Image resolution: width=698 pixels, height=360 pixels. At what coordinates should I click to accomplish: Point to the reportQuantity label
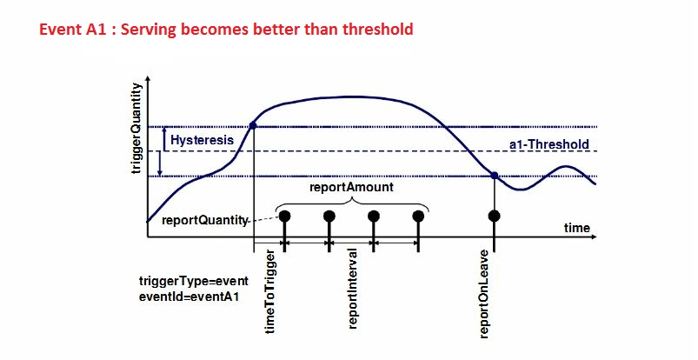click(x=204, y=221)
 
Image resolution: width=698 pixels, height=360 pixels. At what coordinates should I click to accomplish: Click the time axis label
click(x=576, y=228)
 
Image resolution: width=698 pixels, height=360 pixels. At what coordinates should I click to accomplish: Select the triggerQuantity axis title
click(x=135, y=128)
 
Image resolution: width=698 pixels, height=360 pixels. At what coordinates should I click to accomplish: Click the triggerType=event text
click(x=194, y=281)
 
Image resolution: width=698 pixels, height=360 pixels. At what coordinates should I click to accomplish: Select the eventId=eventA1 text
click(x=189, y=296)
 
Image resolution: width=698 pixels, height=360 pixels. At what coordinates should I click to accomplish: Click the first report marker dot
click(x=284, y=216)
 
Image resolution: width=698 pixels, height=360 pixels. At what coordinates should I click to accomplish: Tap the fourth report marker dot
click(x=418, y=216)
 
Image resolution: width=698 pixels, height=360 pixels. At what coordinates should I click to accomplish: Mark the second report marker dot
click(x=329, y=216)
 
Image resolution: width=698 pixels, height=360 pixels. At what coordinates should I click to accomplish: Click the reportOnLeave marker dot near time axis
click(x=495, y=216)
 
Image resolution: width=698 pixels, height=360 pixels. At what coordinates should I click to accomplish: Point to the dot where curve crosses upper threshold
click(x=253, y=126)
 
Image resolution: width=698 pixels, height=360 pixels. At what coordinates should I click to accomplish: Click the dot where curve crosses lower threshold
click(x=495, y=177)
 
